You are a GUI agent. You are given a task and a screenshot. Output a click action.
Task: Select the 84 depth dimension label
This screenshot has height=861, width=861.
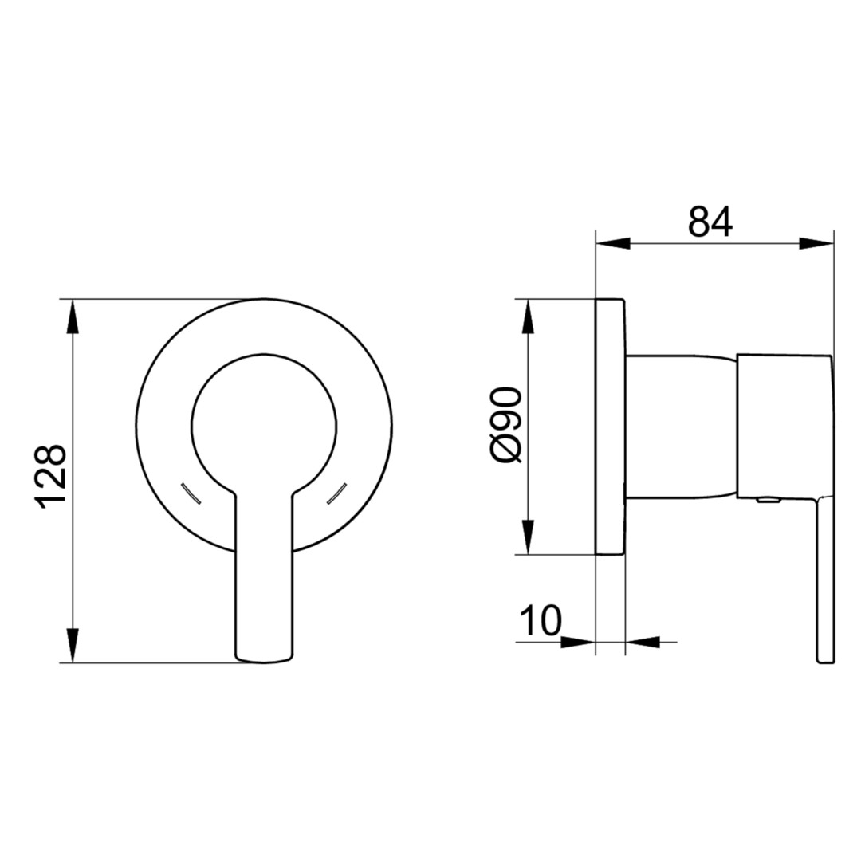pyautogui.click(x=710, y=222)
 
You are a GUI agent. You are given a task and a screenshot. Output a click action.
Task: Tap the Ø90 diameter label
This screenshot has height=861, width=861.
pyautogui.click(x=505, y=423)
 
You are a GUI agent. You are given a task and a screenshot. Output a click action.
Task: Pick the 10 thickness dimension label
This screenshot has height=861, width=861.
pyautogui.click(x=541, y=620)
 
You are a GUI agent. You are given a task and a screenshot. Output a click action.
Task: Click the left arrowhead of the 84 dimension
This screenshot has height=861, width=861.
pyautogui.click(x=613, y=242)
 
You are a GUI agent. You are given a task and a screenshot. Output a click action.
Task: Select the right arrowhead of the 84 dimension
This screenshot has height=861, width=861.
pyautogui.click(x=816, y=242)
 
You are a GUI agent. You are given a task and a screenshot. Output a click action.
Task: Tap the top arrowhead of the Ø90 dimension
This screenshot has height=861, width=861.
pyautogui.click(x=528, y=316)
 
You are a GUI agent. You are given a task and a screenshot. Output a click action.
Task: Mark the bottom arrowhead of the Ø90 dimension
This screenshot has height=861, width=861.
pyautogui.click(x=528, y=537)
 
